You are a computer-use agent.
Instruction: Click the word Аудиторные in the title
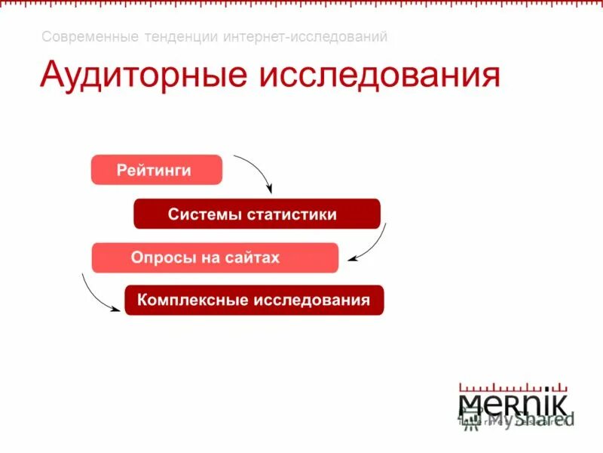point(145,77)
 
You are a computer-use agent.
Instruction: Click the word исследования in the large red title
point(380,77)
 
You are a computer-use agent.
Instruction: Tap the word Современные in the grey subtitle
point(83,36)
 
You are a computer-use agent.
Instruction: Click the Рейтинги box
point(157,170)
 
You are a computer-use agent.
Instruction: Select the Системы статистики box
point(256,214)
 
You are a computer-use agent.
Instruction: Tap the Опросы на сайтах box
point(215,257)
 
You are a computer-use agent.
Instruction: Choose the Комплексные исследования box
point(254,300)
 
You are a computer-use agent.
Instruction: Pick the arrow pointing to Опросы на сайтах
point(371,245)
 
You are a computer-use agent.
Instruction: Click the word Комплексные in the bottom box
point(192,300)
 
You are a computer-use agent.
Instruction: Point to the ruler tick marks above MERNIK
point(513,381)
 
